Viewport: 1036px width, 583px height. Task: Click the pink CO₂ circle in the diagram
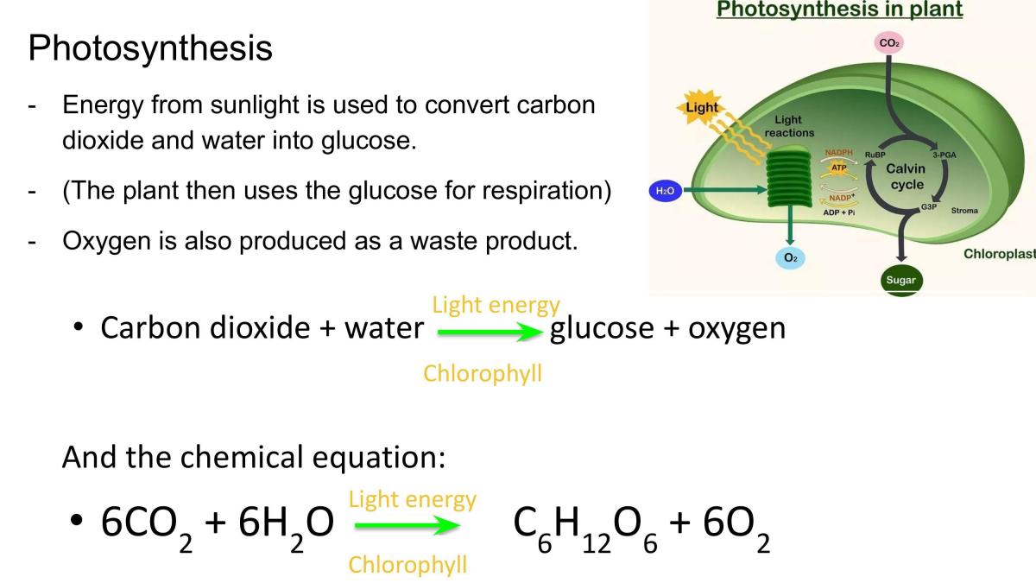pos(889,43)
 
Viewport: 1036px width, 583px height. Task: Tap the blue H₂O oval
pos(666,191)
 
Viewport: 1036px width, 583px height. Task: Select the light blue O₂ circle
pos(791,258)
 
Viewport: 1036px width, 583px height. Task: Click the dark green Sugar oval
pos(901,280)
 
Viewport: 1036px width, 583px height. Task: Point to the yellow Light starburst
pos(702,107)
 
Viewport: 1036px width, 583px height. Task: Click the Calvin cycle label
pos(906,176)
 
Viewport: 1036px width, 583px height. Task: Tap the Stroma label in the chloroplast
pos(964,211)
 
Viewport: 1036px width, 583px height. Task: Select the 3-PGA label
pos(944,155)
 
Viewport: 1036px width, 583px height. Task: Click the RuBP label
pos(875,155)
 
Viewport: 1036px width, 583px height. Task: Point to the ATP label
pos(839,168)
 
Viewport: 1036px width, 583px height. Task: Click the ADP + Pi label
pos(839,212)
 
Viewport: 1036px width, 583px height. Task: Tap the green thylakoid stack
pos(789,177)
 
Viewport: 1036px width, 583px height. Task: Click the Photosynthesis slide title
pos(150,48)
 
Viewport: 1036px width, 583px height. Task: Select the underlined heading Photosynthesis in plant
pos(839,10)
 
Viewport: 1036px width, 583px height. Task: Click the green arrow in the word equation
pos(490,332)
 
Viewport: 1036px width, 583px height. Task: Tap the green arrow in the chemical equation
pos(407,525)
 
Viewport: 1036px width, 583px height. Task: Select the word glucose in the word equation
pos(602,329)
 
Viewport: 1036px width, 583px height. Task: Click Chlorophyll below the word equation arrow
pos(483,374)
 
